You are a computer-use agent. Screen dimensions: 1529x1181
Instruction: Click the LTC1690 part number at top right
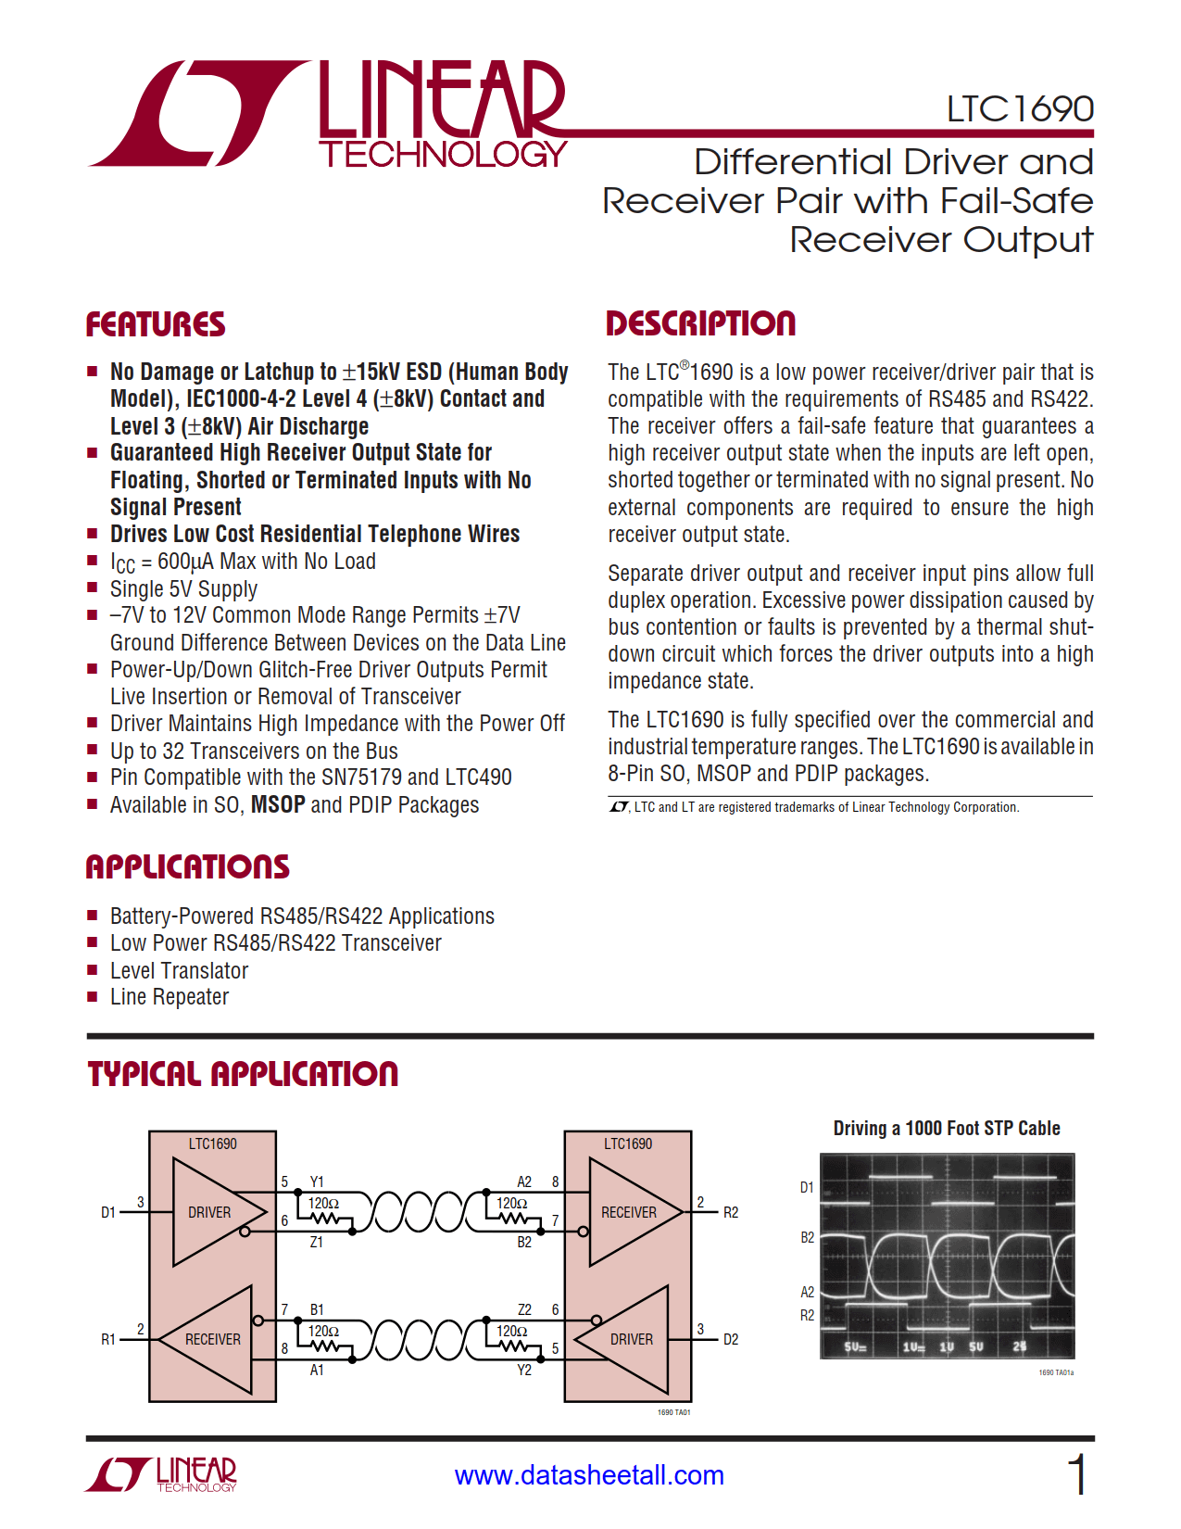tap(1019, 109)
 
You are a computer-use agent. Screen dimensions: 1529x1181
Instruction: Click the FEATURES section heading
tap(156, 324)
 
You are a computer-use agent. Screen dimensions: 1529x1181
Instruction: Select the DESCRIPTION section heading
tap(700, 323)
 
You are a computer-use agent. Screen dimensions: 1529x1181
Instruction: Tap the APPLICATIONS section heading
tap(187, 866)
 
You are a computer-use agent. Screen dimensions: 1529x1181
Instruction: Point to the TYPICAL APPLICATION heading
tap(243, 1074)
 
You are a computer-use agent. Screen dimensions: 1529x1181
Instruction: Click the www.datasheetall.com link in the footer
tap(589, 1475)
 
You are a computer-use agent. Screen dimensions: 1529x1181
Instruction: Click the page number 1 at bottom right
tap(1076, 1474)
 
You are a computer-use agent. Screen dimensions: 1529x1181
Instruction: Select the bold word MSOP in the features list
tap(278, 804)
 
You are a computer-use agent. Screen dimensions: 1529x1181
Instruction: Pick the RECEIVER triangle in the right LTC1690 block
tap(628, 1212)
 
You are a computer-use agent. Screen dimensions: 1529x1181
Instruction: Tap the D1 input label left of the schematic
tap(108, 1212)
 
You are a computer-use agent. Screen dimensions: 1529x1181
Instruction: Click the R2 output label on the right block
tap(731, 1212)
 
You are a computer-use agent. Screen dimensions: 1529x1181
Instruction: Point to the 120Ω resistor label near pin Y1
tap(323, 1203)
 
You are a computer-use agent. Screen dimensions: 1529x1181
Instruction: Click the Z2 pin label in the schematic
tap(524, 1309)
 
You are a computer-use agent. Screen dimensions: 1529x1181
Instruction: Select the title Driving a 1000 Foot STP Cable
tap(946, 1128)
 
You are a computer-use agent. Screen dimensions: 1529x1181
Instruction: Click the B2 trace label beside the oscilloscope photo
tap(807, 1237)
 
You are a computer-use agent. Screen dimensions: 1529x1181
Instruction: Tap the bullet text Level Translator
tap(179, 970)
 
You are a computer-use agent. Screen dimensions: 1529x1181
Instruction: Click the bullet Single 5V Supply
tap(183, 588)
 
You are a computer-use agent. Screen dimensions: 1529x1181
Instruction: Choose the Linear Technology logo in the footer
tap(162, 1474)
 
